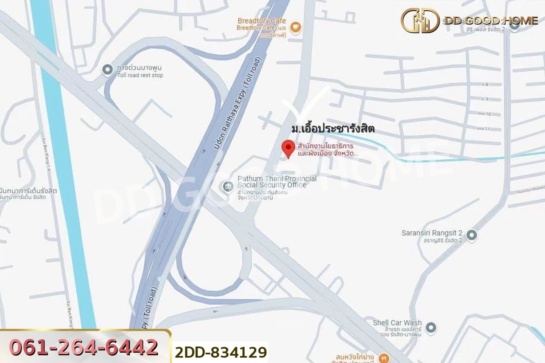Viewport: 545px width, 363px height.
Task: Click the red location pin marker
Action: pos(288,148)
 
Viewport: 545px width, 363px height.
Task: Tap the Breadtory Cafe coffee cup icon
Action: pos(295,27)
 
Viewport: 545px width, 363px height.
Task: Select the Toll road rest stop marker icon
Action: pos(108,69)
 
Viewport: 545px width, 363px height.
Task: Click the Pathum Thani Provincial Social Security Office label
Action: pos(277,182)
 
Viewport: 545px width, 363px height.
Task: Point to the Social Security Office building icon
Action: pos(227,186)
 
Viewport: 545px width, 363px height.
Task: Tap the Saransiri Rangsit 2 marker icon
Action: pos(471,235)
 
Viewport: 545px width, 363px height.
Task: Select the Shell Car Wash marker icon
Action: pos(431,328)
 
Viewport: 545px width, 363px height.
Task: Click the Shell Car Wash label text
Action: pos(397,323)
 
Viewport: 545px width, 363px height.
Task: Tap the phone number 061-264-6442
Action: pos(84,347)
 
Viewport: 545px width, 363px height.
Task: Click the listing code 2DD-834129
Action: pos(221,352)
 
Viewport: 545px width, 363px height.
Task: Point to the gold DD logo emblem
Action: pos(420,21)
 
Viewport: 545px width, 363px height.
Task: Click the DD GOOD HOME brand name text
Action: pos(491,21)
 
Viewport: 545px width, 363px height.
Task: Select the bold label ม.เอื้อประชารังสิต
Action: pos(333,129)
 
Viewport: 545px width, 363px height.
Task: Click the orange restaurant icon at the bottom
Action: pos(384,357)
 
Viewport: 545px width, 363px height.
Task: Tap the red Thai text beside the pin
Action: pos(327,150)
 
